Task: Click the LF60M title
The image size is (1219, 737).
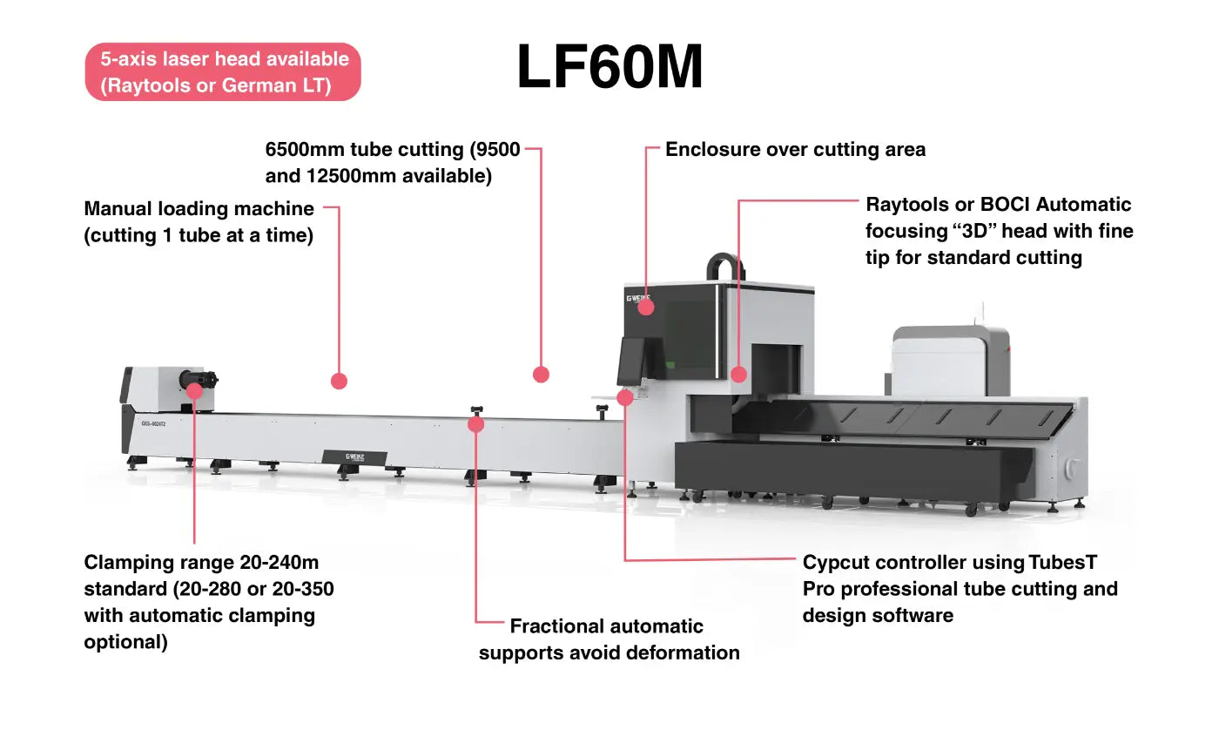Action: click(609, 67)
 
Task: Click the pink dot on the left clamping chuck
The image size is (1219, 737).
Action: click(194, 390)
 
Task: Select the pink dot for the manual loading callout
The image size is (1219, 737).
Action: click(340, 381)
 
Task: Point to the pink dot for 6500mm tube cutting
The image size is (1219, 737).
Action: click(541, 375)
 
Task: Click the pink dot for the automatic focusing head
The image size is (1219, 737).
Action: click(738, 375)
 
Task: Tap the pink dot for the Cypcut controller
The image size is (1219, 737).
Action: click(624, 397)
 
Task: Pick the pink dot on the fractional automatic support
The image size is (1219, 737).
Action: click(475, 424)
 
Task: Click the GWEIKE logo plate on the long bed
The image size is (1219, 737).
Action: click(355, 456)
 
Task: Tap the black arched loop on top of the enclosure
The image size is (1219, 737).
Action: click(725, 265)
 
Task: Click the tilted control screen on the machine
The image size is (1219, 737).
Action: click(630, 360)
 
